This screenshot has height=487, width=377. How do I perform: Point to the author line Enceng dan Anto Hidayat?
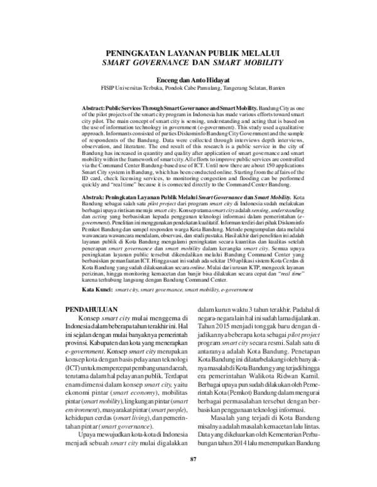[194, 80]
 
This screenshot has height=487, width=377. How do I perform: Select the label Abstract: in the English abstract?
[96, 109]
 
